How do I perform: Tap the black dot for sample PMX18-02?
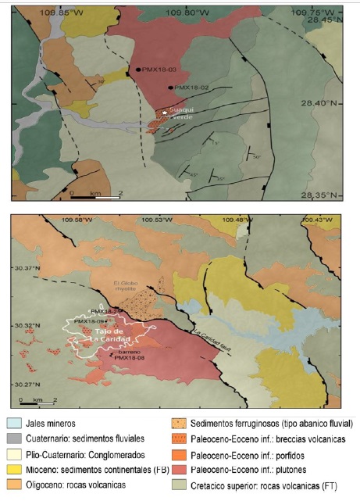[170, 87]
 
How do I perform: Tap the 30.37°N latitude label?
[23, 267]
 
